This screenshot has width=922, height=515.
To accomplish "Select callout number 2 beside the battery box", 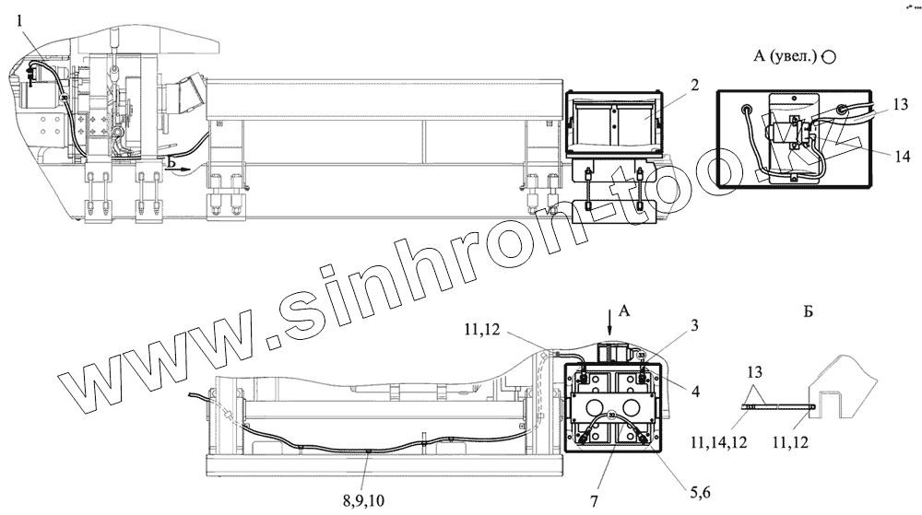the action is click(694, 85).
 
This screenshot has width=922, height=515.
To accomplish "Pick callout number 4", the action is click(694, 391).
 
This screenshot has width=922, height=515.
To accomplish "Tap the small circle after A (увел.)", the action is click(828, 55).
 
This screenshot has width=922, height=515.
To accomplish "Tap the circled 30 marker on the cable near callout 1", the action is click(64, 99).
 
